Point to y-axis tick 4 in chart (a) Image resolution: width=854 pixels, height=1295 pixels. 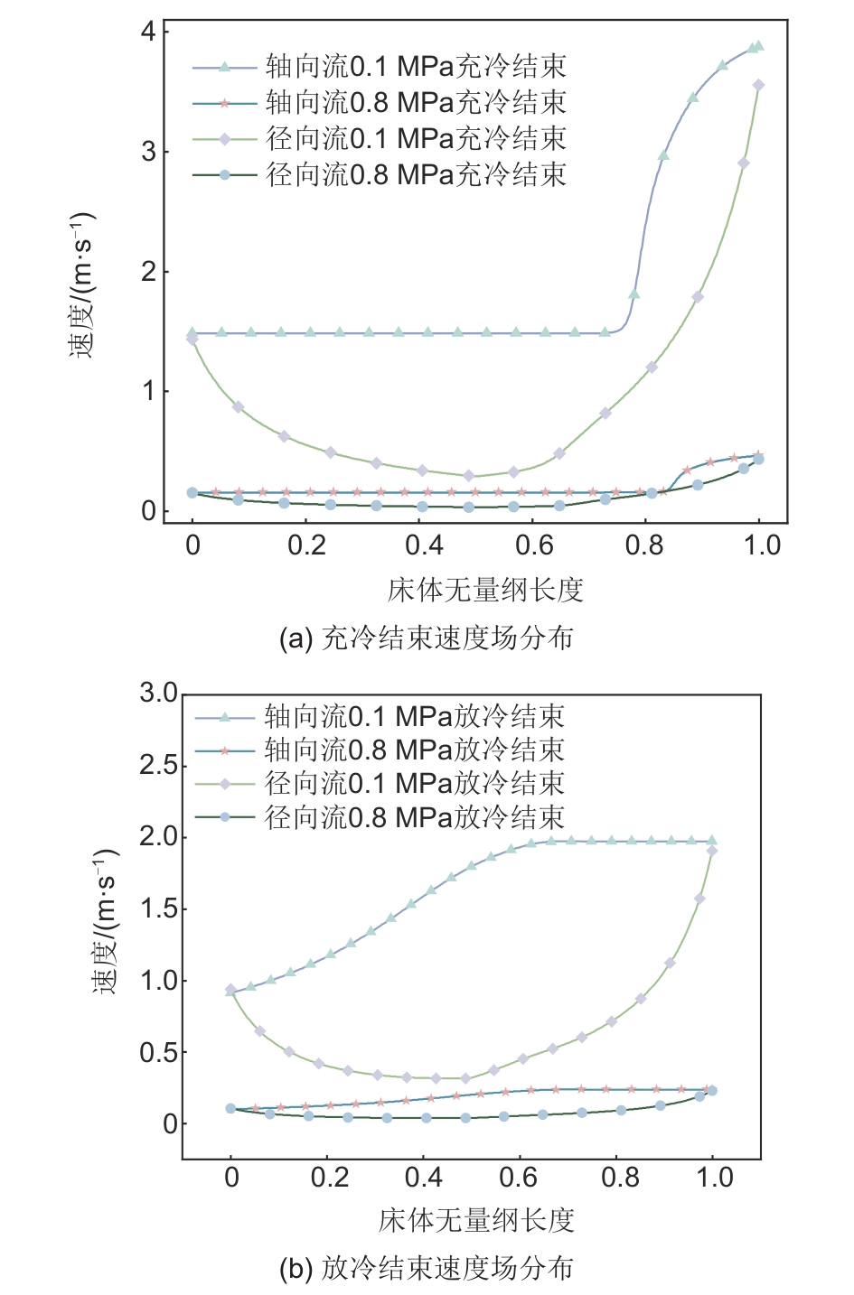click(147, 33)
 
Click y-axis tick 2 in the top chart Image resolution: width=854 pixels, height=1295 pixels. click(147, 272)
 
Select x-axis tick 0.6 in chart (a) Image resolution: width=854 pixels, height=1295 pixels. click(534, 545)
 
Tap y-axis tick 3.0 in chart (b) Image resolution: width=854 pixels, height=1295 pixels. click(159, 694)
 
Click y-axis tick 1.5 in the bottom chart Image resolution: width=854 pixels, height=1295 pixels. click(159, 908)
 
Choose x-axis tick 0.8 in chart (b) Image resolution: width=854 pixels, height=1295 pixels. click(621, 1178)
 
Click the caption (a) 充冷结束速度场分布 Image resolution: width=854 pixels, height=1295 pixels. click(427, 638)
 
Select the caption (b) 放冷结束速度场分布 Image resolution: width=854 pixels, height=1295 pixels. click(427, 1268)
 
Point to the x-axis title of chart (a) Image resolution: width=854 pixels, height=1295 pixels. click(485, 591)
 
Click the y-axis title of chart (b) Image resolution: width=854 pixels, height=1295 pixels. click(107, 921)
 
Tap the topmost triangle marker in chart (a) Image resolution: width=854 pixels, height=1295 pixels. click(758, 46)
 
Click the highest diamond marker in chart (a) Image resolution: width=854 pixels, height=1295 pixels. click(758, 86)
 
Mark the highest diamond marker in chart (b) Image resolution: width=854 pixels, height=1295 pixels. click(712, 851)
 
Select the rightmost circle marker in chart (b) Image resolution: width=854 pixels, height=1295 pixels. click(712, 1091)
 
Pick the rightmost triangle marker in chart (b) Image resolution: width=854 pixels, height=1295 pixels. click(712, 841)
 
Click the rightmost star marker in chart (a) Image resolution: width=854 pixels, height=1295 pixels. click(758, 455)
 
